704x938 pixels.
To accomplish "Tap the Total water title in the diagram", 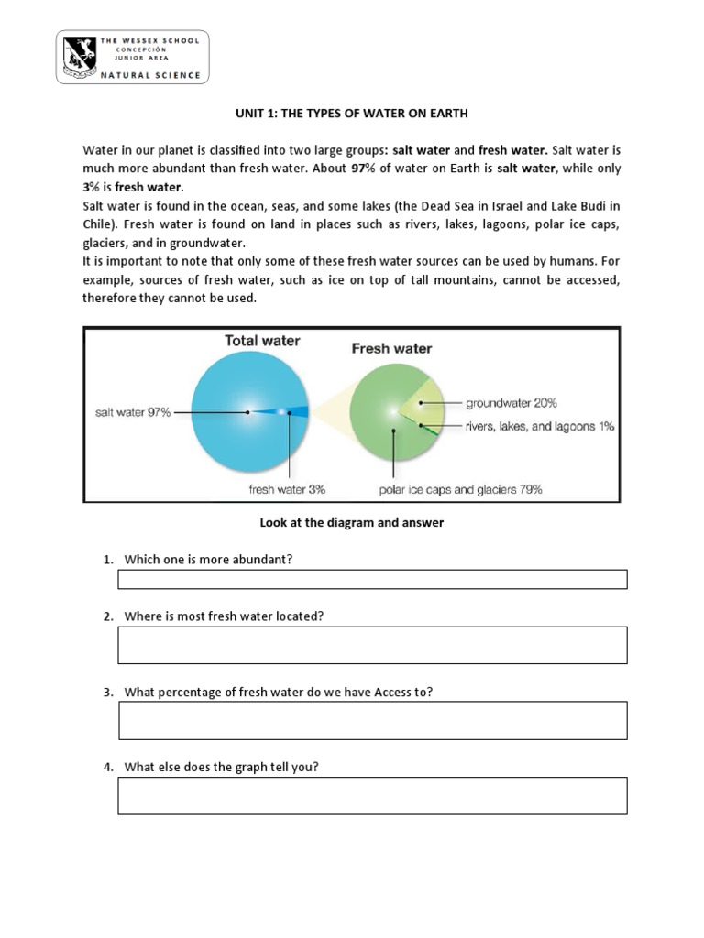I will point(262,341).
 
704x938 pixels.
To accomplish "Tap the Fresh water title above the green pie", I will point(391,348).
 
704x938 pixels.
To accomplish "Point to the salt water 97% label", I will point(133,412).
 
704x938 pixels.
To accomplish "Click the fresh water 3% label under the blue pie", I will point(287,489).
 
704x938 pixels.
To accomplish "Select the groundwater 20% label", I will point(511,402).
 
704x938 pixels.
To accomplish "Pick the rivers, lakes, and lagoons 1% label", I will point(540,426).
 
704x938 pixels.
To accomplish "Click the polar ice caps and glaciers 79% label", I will point(460,489).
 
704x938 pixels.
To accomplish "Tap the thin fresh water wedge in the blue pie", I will point(275,412).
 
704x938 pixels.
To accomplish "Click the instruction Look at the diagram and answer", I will point(352,522).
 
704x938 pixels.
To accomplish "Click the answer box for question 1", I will point(372,579).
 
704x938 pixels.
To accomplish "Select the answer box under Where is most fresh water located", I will point(372,645).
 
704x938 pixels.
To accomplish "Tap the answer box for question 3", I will point(372,720).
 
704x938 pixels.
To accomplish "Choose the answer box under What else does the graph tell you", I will point(372,795).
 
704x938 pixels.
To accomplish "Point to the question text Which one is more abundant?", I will point(208,559).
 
